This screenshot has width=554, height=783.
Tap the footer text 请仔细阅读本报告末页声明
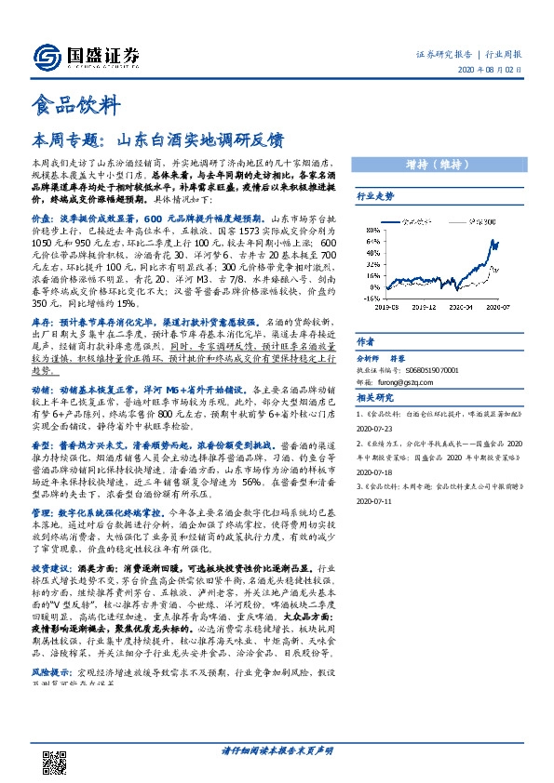tap(277, 750)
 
